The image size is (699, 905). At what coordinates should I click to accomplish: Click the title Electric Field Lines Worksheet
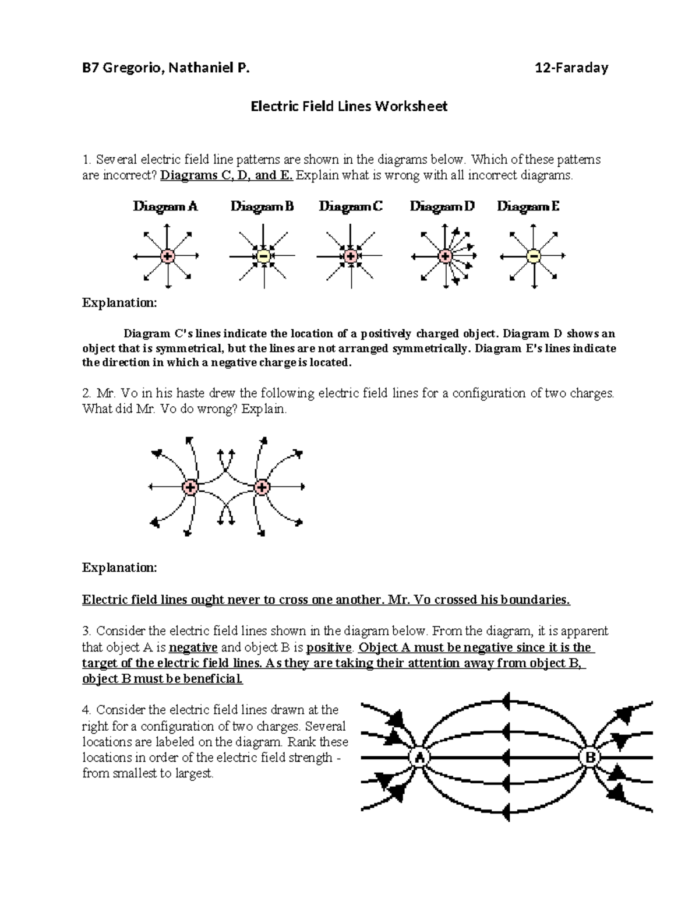tap(349, 107)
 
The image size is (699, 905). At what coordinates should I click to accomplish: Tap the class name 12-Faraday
tap(571, 68)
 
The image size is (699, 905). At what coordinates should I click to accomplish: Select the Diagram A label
tap(165, 206)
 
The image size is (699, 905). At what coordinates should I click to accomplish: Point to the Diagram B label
tap(262, 206)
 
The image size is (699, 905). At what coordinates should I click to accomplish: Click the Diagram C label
tap(351, 206)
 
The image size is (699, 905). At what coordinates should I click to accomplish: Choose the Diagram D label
tap(442, 206)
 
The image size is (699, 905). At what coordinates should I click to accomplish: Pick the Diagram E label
tap(528, 206)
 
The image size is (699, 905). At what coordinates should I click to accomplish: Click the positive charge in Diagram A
tap(168, 256)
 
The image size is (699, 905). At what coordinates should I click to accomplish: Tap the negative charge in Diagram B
tap(263, 256)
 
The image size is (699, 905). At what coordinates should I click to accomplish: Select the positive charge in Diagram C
tap(351, 256)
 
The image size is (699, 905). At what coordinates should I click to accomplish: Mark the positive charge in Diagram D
tap(446, 256)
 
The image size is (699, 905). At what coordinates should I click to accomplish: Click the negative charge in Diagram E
tap(533, 256)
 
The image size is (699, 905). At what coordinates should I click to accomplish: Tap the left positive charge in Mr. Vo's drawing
tap(190, 487)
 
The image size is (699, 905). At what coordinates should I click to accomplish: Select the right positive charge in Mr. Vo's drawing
tap(262, 487)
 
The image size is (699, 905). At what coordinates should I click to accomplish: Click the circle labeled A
tap(418, 758)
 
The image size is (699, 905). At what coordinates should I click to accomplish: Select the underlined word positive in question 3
tap(329, 647)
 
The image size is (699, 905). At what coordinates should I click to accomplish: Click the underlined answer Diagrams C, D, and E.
tap(227, 175)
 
